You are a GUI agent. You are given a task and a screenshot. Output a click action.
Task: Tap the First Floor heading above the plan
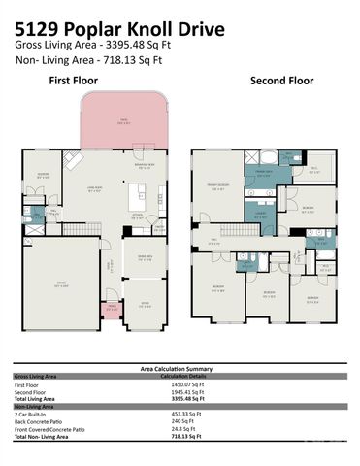coord(71,83)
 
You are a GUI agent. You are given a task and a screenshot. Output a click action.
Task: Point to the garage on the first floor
coord(61,283)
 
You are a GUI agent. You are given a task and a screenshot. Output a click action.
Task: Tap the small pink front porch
coord(112,310)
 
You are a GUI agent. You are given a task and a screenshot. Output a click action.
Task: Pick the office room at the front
coord(143,303)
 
